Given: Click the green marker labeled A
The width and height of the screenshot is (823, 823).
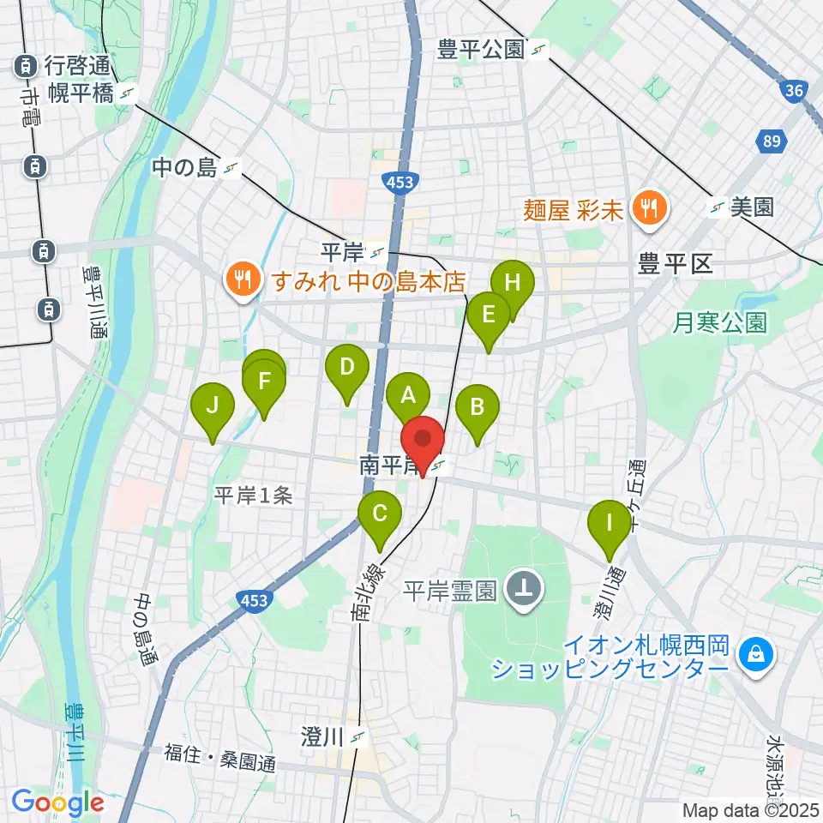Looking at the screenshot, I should [x=407, y=395].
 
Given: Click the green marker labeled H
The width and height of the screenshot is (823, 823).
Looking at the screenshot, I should [x=512, y=282].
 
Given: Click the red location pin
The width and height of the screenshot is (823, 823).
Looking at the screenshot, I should [x=423, y=439].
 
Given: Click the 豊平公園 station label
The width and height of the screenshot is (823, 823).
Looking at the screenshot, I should [x=480, y=51].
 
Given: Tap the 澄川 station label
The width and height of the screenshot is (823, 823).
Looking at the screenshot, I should [x=322, y=736].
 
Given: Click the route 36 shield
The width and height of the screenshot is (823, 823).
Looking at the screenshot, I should [x=793, y=90].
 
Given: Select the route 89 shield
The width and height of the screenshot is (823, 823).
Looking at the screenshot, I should [x=771, y=141].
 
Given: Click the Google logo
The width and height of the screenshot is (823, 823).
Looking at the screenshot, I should [x=58, y=802].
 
